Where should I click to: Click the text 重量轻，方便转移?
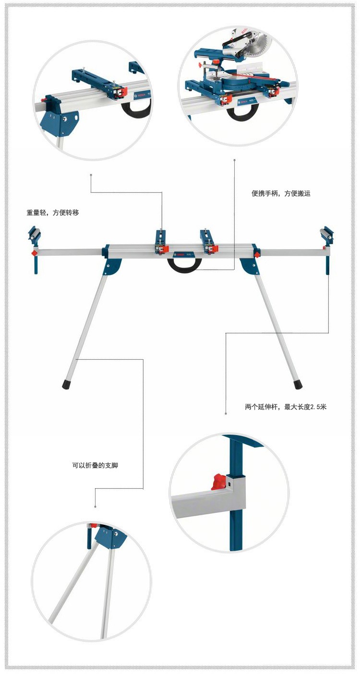pos(53,213)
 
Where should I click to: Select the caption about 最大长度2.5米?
pos(286,407)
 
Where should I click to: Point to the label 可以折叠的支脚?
pos(95,465)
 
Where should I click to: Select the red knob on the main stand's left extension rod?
pos(35,252)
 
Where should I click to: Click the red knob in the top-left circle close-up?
pos(48,99)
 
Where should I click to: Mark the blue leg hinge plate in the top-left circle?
pos(60,122)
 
